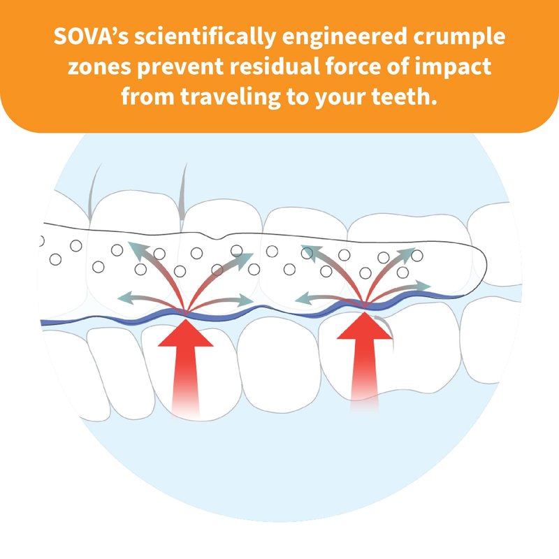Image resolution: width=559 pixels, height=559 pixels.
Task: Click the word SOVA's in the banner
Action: click(x=92, y=36)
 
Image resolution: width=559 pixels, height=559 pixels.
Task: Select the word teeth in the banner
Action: click(x=405, y=97)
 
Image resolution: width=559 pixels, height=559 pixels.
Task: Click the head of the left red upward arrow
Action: click(x=185, y=333)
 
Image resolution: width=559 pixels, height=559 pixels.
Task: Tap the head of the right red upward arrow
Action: click(x=364, y=326)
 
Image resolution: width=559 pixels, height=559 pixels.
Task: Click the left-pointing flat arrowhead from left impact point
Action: click(x=125, y=298)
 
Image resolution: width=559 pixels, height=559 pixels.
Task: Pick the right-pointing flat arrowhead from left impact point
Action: click(x=246, y=300)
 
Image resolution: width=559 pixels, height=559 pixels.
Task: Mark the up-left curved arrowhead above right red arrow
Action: click(x=309, y=251)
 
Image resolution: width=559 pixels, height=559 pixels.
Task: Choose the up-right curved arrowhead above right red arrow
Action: click(x=407, y=253)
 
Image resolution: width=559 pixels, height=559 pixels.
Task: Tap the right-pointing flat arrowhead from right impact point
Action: click(x=423, y=286)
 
